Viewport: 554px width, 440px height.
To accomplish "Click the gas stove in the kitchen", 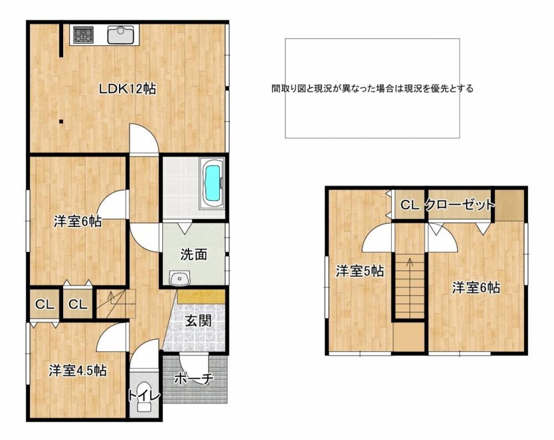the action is point(84,35).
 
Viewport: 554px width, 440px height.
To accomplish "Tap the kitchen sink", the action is point(120,34).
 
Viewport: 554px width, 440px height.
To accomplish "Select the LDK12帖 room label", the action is point(127,89).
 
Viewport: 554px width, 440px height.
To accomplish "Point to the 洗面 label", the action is point(193,254).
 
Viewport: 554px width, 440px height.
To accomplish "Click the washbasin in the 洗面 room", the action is point(179,279).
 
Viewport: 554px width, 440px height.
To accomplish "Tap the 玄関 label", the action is point(198,321).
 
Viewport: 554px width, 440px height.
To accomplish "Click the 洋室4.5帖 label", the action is point(78,370).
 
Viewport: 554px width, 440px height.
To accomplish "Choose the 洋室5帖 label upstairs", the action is point(360,271).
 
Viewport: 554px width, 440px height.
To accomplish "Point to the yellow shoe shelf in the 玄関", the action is point(202,297).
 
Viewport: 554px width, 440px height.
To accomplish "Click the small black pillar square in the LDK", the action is point(61,122).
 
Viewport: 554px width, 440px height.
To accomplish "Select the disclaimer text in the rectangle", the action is point(372,88).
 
